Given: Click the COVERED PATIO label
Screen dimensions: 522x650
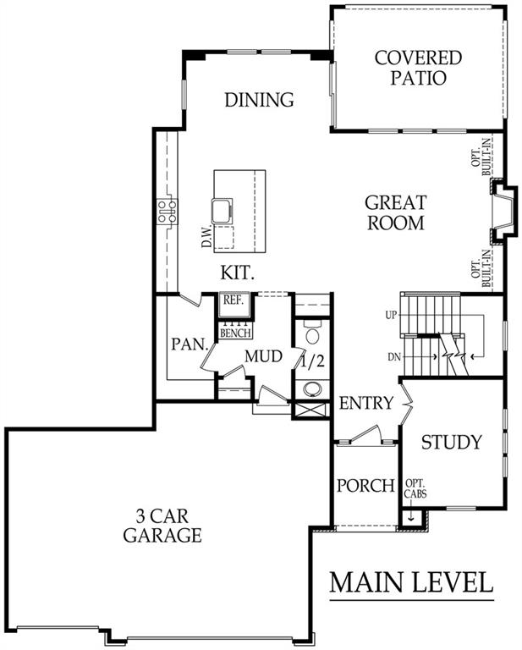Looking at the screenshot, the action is click(418, 68).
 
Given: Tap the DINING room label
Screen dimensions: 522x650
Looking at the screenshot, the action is click(260, 100).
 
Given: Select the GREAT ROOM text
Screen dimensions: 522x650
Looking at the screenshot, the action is click(396, 212).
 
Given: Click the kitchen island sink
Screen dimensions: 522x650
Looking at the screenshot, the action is click(222, 210).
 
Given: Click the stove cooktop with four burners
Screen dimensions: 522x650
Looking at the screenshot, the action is click(167, 212).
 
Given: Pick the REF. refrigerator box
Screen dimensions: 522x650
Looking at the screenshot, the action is click(234, 305).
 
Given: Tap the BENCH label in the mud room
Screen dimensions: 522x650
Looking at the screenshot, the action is click(235, 333).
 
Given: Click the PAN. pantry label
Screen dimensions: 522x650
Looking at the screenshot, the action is click(190, 344).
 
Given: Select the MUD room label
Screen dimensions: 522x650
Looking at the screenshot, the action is click(263, 356).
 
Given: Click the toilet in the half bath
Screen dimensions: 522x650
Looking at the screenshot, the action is click(311, 332).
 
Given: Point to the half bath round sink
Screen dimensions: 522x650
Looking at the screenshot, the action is click(312, 388).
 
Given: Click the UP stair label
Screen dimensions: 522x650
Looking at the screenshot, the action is click(391, 316).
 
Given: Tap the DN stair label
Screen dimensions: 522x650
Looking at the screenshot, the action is click(394, 356).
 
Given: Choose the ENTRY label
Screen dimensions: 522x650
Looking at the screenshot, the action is click(365, 403).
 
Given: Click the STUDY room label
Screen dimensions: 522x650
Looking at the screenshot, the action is click(452, 442).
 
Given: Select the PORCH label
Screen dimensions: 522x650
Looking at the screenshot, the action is click(365, 486).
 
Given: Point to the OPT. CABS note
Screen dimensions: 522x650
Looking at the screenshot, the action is click(415, 488).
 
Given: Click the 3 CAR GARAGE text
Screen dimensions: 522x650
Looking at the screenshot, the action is click(162, 526).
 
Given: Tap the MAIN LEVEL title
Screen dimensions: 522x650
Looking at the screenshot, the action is click(411, 582).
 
